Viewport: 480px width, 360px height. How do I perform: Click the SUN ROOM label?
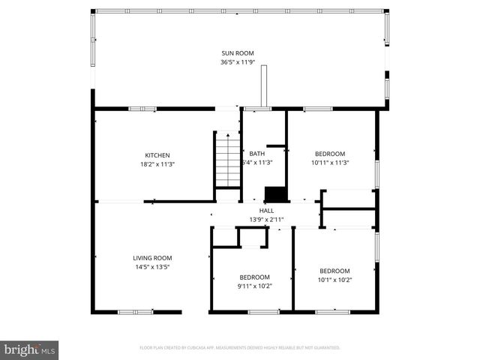[237, 53]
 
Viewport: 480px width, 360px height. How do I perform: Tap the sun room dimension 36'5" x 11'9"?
[237, 62]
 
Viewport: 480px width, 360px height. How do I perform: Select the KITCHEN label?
[157, 155]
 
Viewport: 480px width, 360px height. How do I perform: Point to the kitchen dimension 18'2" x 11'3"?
[157, 164]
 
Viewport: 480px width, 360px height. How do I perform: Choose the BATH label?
[257, 154]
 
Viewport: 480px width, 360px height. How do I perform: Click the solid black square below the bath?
[278, 193]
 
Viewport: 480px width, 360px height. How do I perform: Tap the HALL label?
[266, 211]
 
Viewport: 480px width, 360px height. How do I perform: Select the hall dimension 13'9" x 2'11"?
[266, 220]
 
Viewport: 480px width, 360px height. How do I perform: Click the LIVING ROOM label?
[152, 258]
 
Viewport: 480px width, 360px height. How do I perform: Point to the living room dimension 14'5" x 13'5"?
[152, 267]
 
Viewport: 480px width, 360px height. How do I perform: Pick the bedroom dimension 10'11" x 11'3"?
[330, 162]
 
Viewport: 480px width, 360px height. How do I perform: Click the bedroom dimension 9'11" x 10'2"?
[254, 285]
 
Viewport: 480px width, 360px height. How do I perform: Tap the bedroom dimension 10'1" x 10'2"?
[334, 280]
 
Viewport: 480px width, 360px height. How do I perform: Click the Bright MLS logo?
[30, 349]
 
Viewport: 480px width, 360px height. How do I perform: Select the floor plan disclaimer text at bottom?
[240, 348]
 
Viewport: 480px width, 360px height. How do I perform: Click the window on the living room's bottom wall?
[136, 311]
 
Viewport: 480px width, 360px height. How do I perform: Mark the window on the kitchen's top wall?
[142, 109]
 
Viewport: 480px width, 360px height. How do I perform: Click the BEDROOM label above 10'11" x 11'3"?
[330, 154]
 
